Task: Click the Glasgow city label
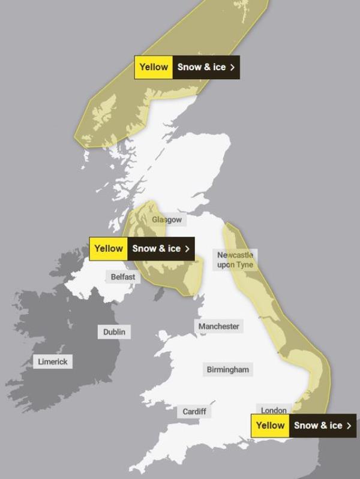(x=166, y=220)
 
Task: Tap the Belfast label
(x=123, y=277)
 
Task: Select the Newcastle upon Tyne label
(x=235, y=260)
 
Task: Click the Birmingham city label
(x=227, y=369)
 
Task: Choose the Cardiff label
(x=194, y=411)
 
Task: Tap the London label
(x=274, y=411)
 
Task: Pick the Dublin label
(x=115, y=332)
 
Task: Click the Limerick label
(x=53, y=361)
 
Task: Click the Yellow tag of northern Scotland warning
(x=154, y=67)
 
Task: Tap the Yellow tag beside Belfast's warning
(x=109, y=248)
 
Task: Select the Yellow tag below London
(x=271, y=426)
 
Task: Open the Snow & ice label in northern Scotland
(x=202, y=67)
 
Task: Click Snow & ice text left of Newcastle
(x=156, y=248)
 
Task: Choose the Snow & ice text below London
(x=318, y=426)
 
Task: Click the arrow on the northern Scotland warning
(x=232, y=67)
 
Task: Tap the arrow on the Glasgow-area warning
(x=187, y=248)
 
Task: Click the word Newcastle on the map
(x=235, y=255)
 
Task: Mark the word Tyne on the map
(x=245, y=264)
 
